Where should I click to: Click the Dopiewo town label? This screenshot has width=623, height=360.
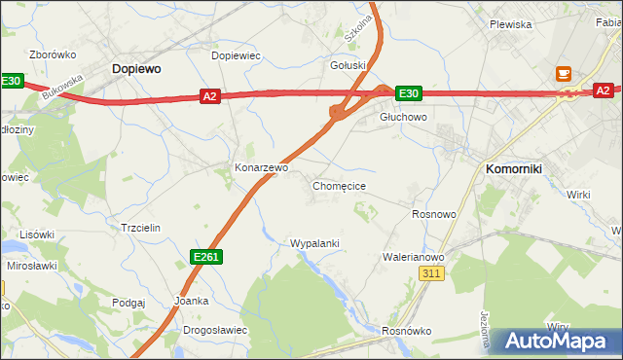click(x=136, y=69)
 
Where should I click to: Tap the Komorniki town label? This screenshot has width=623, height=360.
click(x=514, y=168)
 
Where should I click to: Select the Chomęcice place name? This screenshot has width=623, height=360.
click(x=339, y=185)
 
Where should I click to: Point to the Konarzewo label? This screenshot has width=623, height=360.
click(x=262, y=167)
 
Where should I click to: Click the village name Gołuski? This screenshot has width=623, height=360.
click(x=348, y=65)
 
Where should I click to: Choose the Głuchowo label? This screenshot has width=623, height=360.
click(x=403, y=117)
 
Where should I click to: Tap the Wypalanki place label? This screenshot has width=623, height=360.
click(x=314, y=242)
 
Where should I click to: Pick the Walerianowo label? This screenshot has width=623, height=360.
click(x=414, y=257)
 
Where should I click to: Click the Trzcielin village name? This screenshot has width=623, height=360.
click(x=139, y=227)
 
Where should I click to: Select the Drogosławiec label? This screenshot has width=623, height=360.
click(x=215, y=330)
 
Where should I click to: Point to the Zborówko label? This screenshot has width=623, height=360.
click(x=54, y=54)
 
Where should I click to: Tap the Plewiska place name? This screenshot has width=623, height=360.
click(x=510, y=24)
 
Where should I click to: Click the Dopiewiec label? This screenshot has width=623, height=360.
click(x=237, y=55)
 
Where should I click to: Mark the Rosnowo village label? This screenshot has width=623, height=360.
click(x=434, y=214)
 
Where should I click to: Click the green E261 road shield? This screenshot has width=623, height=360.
click(x=205, y=256)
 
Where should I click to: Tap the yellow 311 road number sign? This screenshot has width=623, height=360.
click(x=433, y=275)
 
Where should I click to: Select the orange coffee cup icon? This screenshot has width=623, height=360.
click(x=564, y=72)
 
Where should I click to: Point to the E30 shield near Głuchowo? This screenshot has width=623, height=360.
click(x=408, y=93)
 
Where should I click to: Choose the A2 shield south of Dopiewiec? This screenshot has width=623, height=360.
click(x=210, y=95)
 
